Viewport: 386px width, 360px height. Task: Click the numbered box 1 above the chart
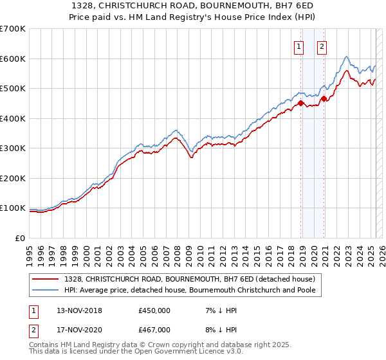300,46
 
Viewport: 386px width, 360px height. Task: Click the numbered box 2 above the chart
321,46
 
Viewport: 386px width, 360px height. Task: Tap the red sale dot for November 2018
300,103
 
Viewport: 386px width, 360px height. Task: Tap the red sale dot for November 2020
324,98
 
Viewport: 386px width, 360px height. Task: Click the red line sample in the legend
46,279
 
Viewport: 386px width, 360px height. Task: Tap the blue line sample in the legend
46,290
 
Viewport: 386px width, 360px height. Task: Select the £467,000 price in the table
154,330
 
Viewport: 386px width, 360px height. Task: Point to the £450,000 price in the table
154,311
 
